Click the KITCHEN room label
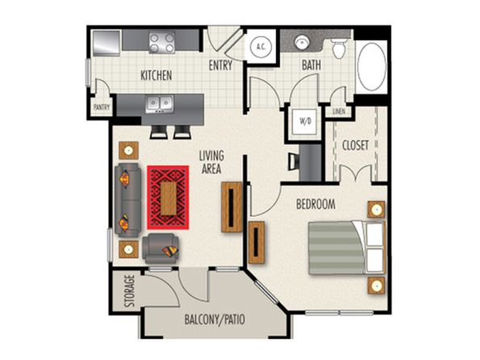click(x=157, y=75)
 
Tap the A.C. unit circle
click(x=261, y=47)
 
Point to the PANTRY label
click(x=102, y=107)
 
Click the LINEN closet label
click(x=339, y=111)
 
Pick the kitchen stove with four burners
click(x=162, y=42)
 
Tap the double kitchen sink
click(x=160, y=103)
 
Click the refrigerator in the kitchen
click(x=106, y=43)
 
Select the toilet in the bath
click(x=339, y=48)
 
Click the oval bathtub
click(x=372, y=66)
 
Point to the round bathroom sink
click(x=302, y=42)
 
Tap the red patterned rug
click(x=168, y=197)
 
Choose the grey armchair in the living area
click(x=160, y=249)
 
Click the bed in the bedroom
click(x=347, y=248)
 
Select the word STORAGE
click(x=130, y=291)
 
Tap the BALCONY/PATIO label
click(x=215, y=320)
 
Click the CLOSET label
click(x=355, y=145)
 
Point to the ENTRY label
click(x=220, y=65)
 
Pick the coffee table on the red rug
click(x=168, y=199)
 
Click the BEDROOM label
click(x=315, y=204)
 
